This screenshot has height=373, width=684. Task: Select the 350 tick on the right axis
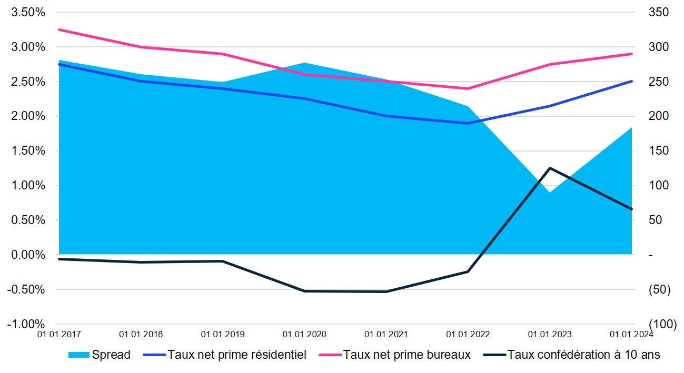coord(658,13)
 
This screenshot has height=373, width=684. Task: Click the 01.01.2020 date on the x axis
coord(304,334)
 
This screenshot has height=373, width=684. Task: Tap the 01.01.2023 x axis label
coord(550,334)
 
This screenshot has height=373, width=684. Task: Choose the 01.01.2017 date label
coord(60,334)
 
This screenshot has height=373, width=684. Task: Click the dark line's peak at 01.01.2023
coord(550,168)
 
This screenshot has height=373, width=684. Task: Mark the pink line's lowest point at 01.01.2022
coord(468,88)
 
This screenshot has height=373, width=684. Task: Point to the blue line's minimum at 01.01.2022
coord(468,123)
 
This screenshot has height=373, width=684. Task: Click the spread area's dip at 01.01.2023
coord(550,192)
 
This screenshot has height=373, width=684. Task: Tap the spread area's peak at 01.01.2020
coord(304,63)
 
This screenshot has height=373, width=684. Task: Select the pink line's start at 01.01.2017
coord(60,29)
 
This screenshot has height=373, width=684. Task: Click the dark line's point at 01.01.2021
coord(386,291)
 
